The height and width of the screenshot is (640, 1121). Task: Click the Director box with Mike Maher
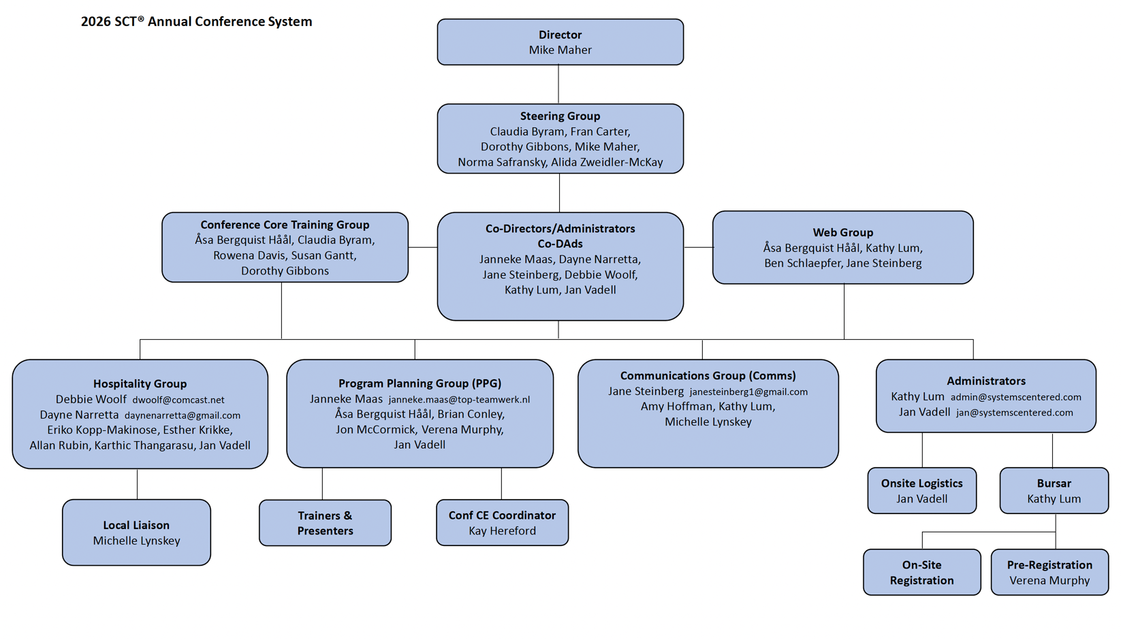(x=560, y=42)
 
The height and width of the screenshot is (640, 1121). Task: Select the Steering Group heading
(x=560, y=116)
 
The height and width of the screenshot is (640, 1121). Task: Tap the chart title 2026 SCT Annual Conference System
(x=196, y=22)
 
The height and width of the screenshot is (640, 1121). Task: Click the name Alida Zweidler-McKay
(x=607, y=162)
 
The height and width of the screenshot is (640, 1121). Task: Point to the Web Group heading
(x=842, y=233)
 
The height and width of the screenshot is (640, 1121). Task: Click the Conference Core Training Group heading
(x=285, y=225)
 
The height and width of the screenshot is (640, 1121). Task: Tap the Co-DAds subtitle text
(x=560, y=244)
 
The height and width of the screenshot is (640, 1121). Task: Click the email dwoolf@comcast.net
(x=178, y=400)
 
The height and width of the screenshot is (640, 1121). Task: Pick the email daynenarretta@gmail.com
(x=183, y=415)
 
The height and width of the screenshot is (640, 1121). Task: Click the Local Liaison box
(x=136, y=532)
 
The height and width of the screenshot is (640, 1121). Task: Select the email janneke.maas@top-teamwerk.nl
(x=459, y=400)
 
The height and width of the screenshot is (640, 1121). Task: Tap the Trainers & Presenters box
(x=325, y=523)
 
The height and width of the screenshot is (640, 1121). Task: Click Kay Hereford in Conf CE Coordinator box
(x=502, y=531)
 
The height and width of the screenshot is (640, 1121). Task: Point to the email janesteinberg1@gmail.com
(x=748, y=392)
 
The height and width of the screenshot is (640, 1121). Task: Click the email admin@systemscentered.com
(x=1015, y=397)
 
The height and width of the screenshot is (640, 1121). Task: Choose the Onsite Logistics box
(x=921, y=490)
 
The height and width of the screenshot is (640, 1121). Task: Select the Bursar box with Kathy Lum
(x=1054, y=490)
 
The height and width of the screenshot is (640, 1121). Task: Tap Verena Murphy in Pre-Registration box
(x=1049, y=581)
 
